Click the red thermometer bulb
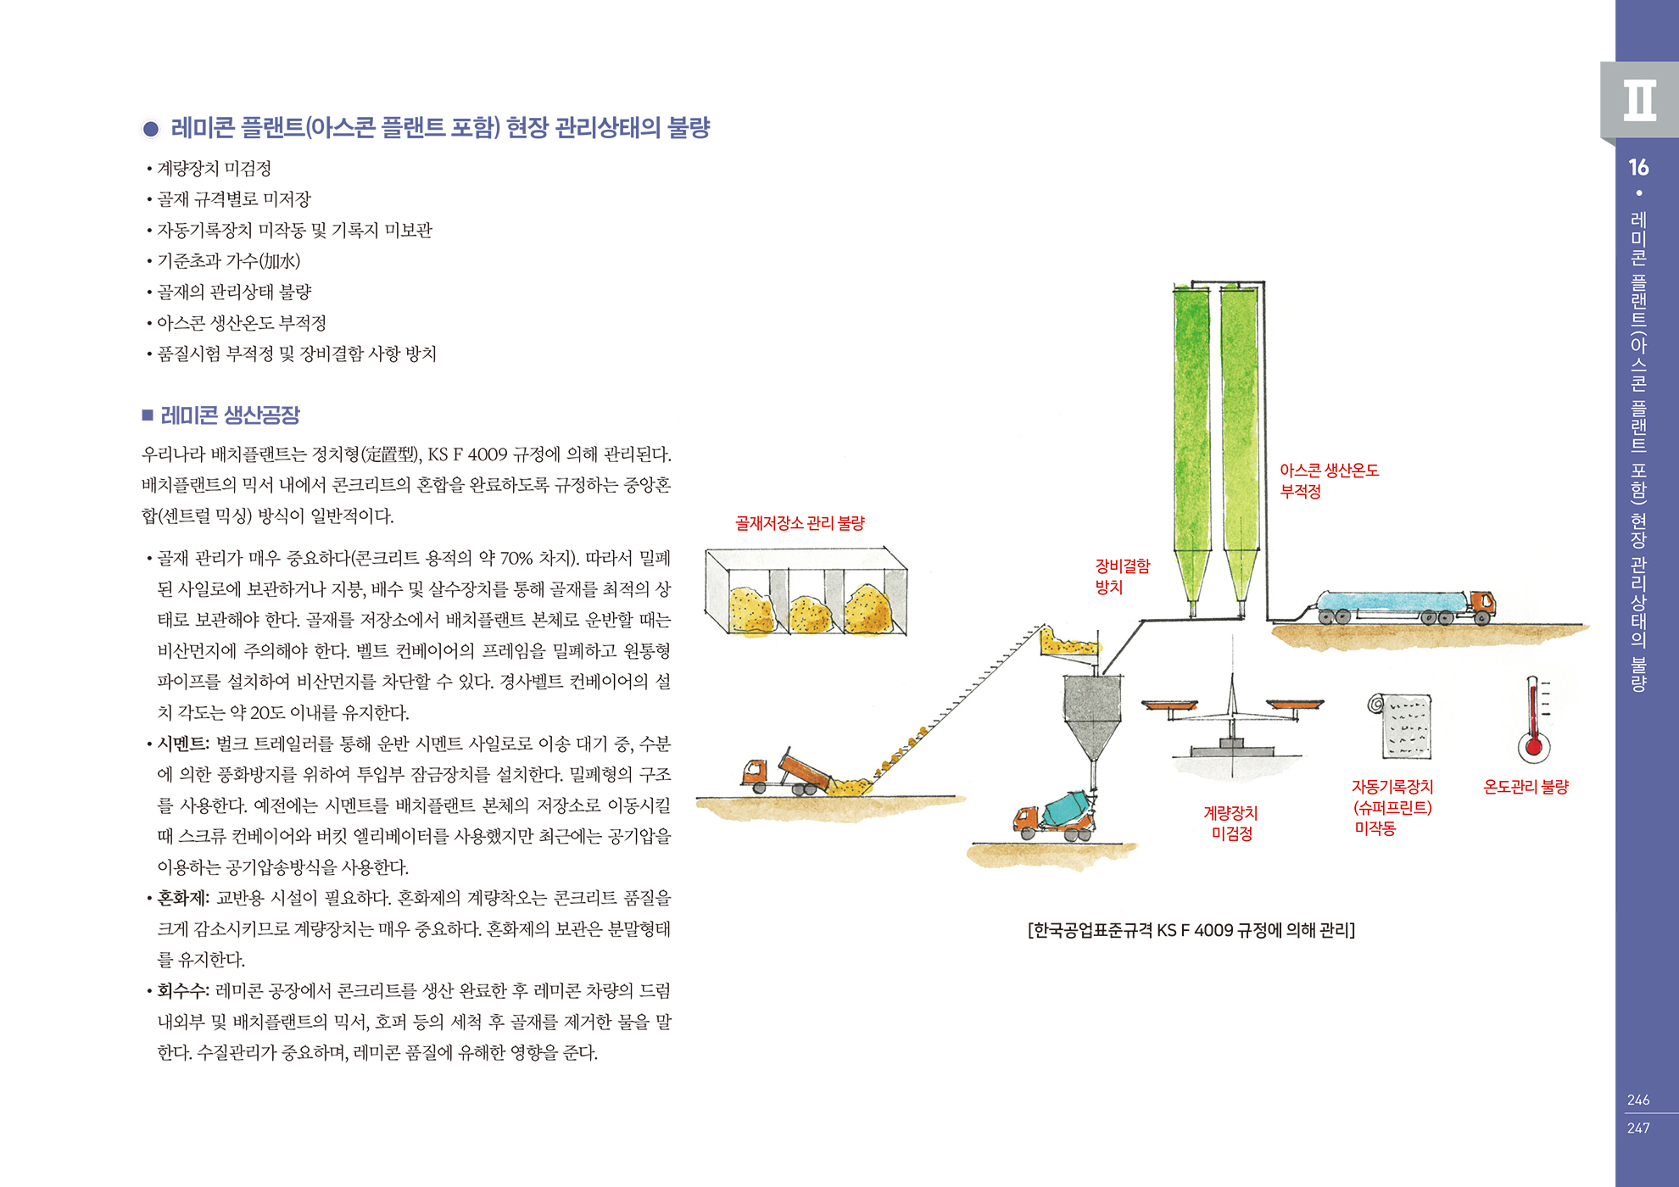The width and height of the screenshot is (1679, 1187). pyautogui.click(x=1533, y=747)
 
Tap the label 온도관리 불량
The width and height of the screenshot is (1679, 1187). pyautogui.click(x=1526, y=787)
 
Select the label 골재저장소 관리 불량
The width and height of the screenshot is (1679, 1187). pyautogui.click(x=800, y=523)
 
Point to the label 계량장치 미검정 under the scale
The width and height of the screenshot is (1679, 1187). pyautogui.click(x=1231, y=823)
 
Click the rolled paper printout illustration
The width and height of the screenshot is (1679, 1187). pyautogui.click(x=1400, y=726)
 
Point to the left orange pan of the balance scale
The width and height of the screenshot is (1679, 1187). pyautogui.click(x=1169, y=705)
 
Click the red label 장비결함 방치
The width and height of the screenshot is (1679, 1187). pyautogui.click(x=1122, y=577)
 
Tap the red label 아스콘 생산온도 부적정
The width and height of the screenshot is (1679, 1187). pyautogui.click(x=1329, y=481)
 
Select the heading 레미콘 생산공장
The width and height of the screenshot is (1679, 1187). pyautogui.click(x=230, y=415)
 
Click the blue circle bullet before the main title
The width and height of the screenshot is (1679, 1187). pyautogui.click(x=151, y=129)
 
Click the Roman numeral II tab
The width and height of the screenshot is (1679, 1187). pyautogui.click(x=1639, y=100)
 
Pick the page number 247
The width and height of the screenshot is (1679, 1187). pyautogui.click(x=1638, y=1128)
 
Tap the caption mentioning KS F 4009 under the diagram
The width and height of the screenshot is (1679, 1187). pyautogui.click(x=1191, y=930)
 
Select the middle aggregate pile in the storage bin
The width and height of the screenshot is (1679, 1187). pyautogui.click(x=810, y=614)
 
